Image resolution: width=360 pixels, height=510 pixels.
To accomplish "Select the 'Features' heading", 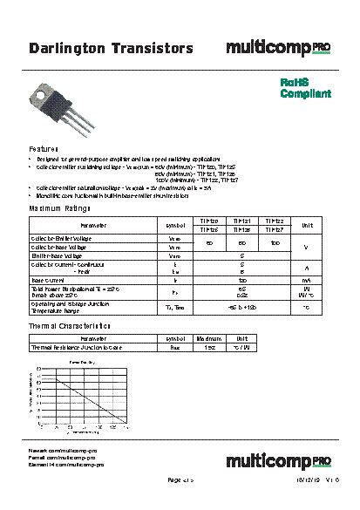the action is point(44,149).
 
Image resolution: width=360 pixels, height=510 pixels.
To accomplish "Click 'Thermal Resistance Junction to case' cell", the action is point(77,346).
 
